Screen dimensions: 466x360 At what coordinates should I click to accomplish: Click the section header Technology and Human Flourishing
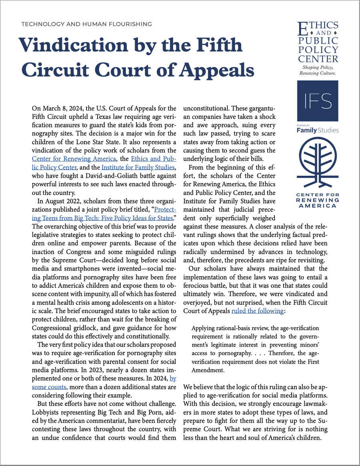(86, 24)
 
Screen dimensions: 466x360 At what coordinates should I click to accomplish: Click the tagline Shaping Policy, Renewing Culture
(319, 71)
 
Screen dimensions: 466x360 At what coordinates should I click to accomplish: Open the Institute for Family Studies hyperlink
(138, 167)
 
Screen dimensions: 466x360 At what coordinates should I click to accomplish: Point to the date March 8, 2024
(62, 108)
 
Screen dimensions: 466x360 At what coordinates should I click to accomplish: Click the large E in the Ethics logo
(304, 28)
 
